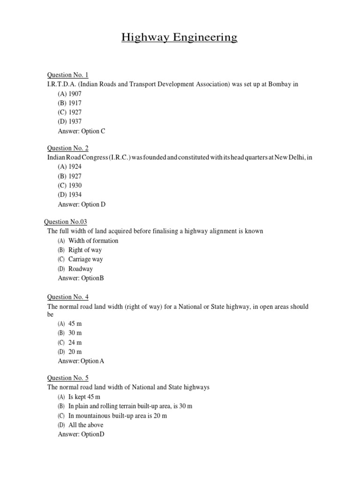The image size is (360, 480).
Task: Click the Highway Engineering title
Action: pyautogui.click(x=180, y=37)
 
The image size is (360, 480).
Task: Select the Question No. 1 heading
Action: pyautogui.click(x=67, y=75)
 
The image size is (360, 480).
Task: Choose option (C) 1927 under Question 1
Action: pyautogui.click(x=70, y=112)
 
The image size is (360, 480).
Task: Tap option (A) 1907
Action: pyautogui.click(x=70, y=94)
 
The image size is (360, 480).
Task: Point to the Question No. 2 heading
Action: pyautogui.click(x=67, y=148)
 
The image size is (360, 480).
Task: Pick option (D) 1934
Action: pyautogui.click(x=70, y=195)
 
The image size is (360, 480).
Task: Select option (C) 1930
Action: pyautogui.click(x=70, y=185)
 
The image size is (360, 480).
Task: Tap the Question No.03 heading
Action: pyautogui.click(x=66, y=222)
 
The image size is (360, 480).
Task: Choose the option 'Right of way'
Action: pyautogui.click(x=85, y=250)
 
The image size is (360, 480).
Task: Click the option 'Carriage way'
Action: pyautogui.click(x=85, y=259)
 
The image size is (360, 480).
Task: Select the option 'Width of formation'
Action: pyautogui.click(x=93, y=240)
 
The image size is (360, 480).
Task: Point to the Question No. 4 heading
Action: pyautogui.click(x=67, y=297)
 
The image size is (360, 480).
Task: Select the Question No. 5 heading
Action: pyautogui.click(x=67, y=378)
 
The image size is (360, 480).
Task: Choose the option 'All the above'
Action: pyautogui.click(x=86, y=425)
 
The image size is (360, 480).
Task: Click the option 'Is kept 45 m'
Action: pyautogui.click(x=84, y=397)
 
